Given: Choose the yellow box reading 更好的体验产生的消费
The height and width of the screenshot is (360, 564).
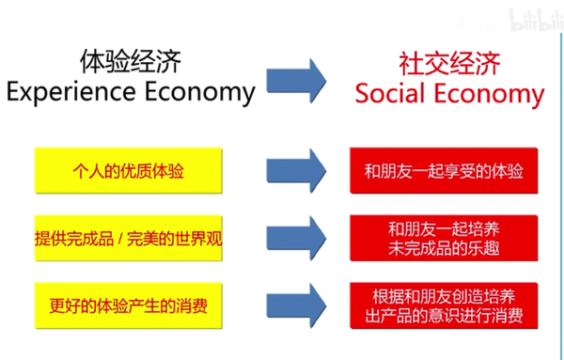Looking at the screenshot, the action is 130,303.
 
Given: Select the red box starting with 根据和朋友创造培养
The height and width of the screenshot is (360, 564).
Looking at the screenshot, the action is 443,303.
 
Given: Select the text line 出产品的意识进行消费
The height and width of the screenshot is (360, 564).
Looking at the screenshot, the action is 443,313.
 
